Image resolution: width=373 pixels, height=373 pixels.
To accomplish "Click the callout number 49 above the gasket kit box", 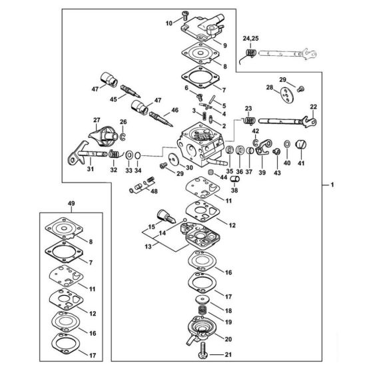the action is pyautogui.click(x=71, y=203).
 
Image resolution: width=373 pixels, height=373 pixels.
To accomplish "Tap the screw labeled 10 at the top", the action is pyautogui.click(x=185, y=15).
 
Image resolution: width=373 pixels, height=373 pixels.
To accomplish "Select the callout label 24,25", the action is pyautogui.click(x=250, y=39).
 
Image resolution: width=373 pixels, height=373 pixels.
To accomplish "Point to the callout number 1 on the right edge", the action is pyautogui.click(x=332, y=185).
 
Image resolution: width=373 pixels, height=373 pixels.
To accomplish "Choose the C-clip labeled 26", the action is pyautogui.click(x=123, y=137).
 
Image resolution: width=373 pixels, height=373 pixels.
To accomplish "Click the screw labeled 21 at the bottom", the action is pyautogui.click(x=202, y=354).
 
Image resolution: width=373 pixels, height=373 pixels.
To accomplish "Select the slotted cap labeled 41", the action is pyautogui.click(x=300, y=145).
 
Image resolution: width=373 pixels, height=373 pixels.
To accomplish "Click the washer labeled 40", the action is pyautogui.click(x=287, y=144).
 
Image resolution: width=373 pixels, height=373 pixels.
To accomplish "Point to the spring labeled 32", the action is pyautogui.click(x=115, y=154).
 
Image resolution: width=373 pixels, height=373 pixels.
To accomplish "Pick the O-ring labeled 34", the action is pyautogui.click(x=137, y=156).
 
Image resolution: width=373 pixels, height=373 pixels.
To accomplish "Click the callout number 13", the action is pyautogui.click(x=148, y=246).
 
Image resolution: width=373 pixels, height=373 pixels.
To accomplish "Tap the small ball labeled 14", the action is pyautogui.click(x=185, y=219).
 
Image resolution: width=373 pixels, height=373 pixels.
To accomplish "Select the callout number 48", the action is pyautogui.click(x=154, y=191).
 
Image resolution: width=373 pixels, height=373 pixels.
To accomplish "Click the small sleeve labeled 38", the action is pyautogui.click(x=234, y=179).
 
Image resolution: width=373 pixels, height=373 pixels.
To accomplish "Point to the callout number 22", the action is pyautogui.click(x=314, y=107).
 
